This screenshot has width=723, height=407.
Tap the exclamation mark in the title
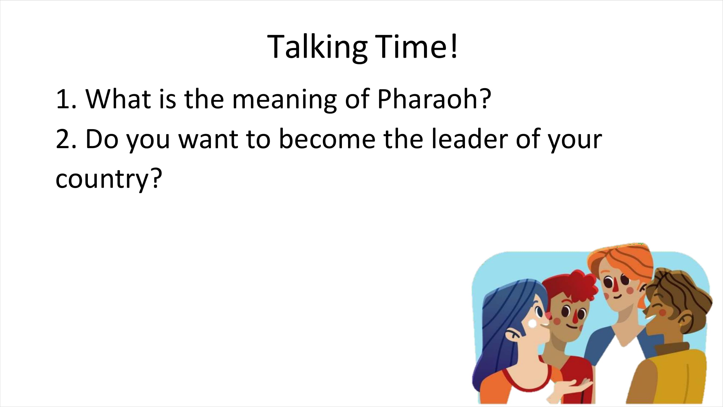[454, 46]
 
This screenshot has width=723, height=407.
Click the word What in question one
[117, 98]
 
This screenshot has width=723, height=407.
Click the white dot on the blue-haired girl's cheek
[532, 324]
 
